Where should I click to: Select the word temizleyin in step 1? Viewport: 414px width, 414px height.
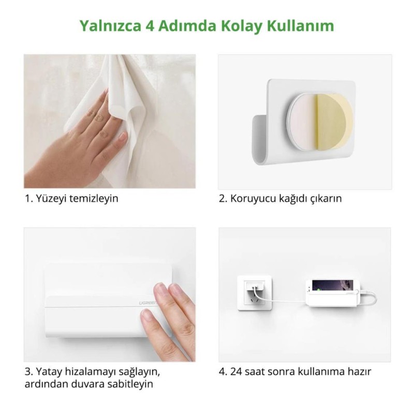[x=92, y=199]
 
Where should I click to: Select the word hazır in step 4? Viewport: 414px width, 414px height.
[x=361, y=371]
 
